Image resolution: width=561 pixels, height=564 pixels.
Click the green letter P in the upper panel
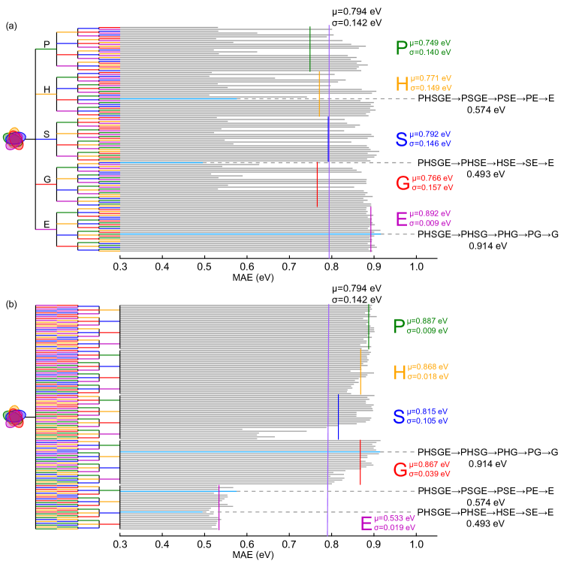(402, 48)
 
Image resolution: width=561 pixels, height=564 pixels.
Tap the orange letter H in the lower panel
(400, 372)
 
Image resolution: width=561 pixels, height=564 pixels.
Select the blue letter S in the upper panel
(402, 139)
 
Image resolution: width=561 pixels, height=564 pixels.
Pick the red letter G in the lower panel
(400, 470)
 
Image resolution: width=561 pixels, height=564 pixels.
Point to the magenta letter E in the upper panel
(401, 219)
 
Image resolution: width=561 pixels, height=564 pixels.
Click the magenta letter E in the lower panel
(366, 523)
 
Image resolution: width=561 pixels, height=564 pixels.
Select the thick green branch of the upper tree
(46, 50)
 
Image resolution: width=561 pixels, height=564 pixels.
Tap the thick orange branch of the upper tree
(46, 94)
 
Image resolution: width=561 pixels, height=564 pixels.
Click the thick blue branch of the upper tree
(46, 139)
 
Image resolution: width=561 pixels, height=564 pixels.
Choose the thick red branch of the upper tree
(46, 184)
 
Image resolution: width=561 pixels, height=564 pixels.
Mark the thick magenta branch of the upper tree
(46, 229)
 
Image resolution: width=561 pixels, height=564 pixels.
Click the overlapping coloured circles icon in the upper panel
(14, 139)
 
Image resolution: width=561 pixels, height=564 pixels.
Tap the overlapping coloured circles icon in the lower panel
(14, 416)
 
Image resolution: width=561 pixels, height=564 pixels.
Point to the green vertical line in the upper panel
(309, 50)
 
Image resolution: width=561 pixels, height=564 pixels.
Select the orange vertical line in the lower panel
(360, 372)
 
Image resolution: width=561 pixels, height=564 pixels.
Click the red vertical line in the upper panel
(317, 184)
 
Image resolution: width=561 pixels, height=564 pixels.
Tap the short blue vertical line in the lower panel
(338, 417)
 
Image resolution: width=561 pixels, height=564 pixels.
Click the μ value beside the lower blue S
(427, 412)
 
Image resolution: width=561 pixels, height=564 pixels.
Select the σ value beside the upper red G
(431, 187)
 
